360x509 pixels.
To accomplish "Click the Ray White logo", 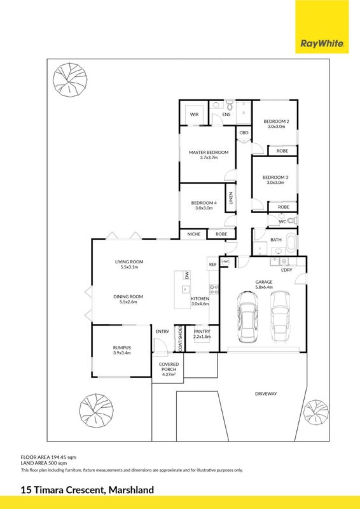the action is [322, 27].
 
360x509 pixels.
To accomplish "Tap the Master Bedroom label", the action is [209, 152].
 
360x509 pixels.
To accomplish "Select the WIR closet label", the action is [194, 115].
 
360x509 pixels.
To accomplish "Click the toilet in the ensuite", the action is [230, 105].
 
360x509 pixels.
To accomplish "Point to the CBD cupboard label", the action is [244, 133].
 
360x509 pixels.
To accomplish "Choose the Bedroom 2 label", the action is [276, 122].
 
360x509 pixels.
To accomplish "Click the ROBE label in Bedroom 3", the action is [284, 207].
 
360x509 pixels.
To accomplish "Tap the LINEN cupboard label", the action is [231, 198].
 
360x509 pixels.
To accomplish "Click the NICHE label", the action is [194, 234].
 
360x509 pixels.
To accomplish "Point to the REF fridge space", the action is [212, 265].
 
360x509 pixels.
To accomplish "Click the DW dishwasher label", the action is [186, 275].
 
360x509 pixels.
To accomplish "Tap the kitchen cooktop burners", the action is [214, 289].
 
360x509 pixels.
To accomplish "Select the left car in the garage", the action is [247, 317].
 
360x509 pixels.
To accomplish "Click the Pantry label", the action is [202, 331].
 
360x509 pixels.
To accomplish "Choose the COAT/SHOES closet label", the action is [180, 338].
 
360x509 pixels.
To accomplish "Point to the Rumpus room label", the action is [121, 347].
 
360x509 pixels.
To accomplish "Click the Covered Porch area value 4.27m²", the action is [169, 374].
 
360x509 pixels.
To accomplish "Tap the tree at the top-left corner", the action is [70, 79].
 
